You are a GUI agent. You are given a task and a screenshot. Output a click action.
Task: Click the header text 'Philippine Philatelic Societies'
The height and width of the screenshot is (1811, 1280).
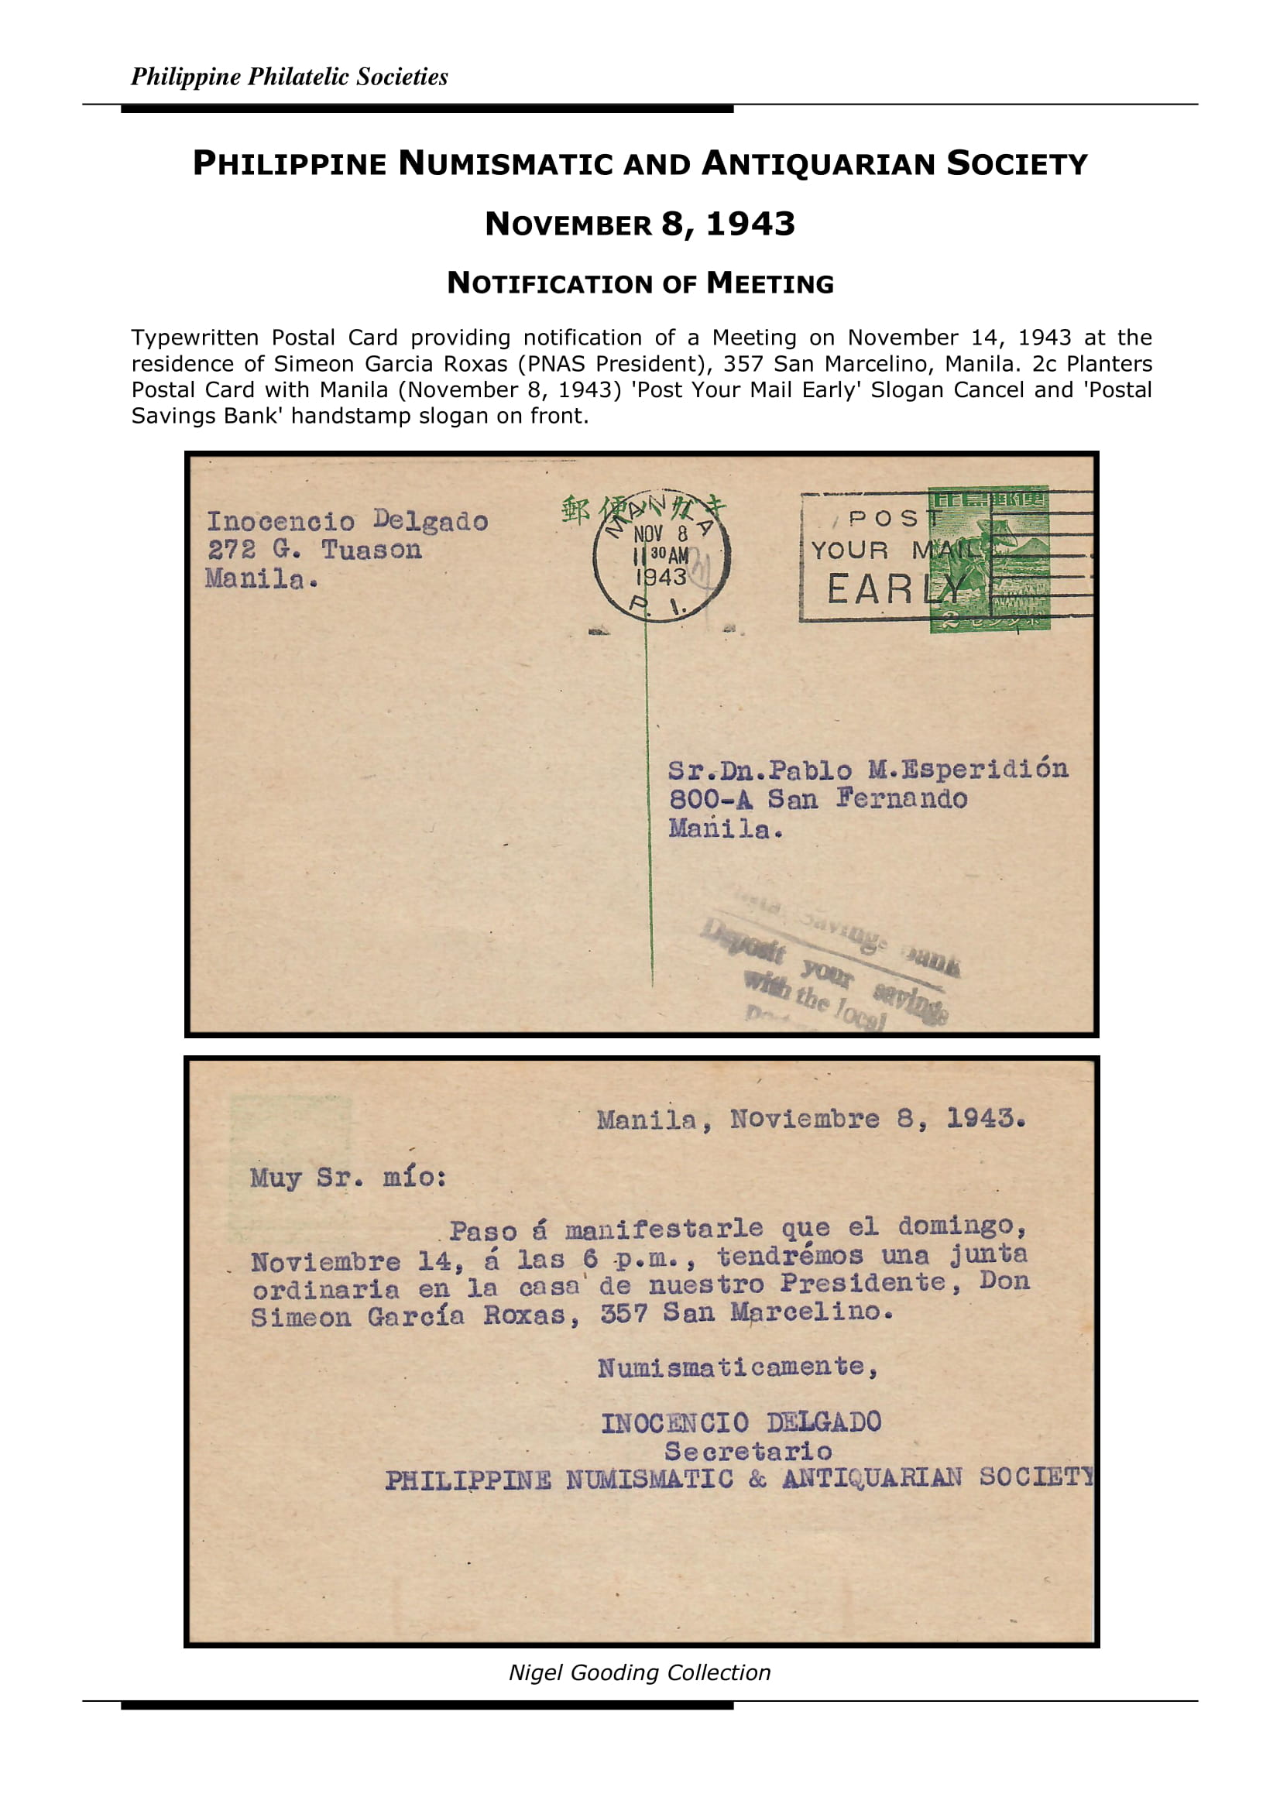289,77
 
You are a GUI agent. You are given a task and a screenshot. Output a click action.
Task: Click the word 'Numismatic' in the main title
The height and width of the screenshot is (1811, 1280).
505,163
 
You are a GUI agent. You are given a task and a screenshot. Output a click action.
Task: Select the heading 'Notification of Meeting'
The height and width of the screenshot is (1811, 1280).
640,283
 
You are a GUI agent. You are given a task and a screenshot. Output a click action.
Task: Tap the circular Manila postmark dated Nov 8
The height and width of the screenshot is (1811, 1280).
661,557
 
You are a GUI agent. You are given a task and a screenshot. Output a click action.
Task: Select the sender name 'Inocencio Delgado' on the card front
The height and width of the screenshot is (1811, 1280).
347,520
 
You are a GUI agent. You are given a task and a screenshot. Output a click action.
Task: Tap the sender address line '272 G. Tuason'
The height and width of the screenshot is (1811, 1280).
314,550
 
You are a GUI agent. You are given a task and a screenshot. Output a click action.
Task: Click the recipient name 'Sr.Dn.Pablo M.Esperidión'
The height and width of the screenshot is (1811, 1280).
867,769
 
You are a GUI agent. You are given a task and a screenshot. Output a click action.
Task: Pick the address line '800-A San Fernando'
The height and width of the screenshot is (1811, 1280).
818,799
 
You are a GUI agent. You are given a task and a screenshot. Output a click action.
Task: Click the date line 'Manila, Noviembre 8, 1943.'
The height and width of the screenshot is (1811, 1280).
811,1119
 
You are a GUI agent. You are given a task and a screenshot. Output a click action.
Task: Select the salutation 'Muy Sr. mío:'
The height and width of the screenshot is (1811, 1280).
348,1178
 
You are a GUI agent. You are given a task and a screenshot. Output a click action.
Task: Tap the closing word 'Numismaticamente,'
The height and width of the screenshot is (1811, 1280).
737,1367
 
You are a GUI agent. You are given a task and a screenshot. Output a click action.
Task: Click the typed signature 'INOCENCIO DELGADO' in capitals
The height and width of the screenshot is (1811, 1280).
741,1422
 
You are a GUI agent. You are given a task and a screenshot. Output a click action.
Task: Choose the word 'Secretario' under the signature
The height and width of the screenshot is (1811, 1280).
748,1451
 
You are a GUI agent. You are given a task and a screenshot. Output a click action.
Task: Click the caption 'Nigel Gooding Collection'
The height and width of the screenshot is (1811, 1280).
640,1672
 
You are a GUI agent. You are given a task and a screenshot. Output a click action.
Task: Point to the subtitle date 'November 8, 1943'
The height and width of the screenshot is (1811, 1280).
640,224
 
